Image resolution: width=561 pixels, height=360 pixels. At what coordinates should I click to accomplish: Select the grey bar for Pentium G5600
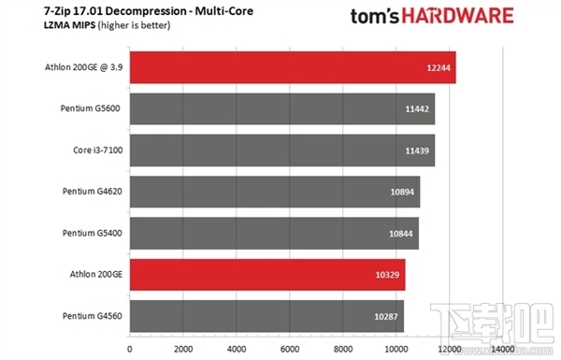tap(281, 109)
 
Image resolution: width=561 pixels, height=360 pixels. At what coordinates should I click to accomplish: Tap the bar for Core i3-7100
tap(281, 151)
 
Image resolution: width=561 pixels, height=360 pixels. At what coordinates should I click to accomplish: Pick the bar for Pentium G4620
tap(274, 192)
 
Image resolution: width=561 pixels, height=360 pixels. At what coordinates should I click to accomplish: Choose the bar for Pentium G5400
tap(273, 233)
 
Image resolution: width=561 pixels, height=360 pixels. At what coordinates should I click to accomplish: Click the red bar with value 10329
tap(266, 274)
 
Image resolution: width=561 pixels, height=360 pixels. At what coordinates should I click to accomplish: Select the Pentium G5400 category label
tap(89, 233)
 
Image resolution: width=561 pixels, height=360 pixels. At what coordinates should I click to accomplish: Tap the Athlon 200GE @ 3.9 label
tap(82, 68)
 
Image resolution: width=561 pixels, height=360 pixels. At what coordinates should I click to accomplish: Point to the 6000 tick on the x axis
tap(290, 348)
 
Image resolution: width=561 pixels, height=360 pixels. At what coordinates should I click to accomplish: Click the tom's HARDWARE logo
tap(430, 16)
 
